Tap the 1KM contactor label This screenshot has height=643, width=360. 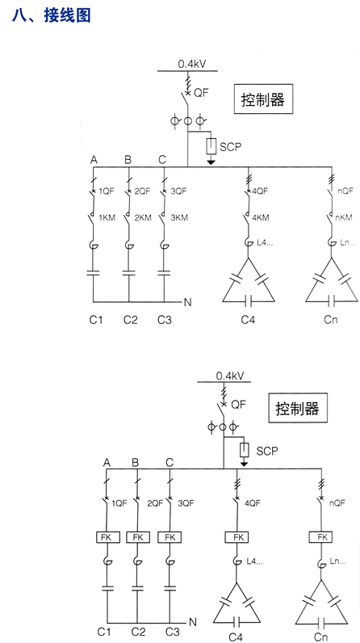click(107, 218)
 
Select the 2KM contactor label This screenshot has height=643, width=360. click(143, 218)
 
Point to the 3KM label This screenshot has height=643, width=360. click(179, 218)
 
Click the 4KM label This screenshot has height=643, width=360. click(261, 218)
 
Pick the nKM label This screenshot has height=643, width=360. click(345, 218)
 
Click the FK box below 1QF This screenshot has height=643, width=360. click(107, 537)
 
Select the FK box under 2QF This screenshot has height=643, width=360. click(138, 537)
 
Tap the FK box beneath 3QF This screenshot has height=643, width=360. click(170, 537)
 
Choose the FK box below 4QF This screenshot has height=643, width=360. click(237, 537)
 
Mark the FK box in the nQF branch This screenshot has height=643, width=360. click(321, 537)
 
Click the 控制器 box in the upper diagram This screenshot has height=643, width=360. click(264, 99)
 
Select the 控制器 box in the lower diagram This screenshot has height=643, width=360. click(298, 408)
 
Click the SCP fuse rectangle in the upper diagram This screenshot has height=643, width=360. click(211, 146)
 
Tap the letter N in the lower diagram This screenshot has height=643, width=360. click(192, 623)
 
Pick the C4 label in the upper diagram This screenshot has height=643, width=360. click(247, 319)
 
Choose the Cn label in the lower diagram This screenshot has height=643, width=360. click(320, 637)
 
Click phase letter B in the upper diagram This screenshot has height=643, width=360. click(128, 160)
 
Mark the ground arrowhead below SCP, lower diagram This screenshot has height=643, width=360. click(244, 464)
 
